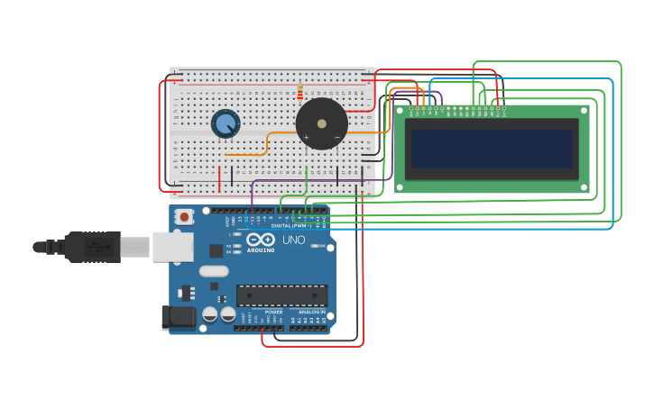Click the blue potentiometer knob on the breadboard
coord(225,123)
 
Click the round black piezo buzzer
coord(322,123)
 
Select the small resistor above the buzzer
coord(299,92)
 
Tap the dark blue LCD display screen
coord(492,149)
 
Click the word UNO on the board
coord(294,240)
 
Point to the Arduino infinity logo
coord(261,240)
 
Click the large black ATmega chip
coord(281,295)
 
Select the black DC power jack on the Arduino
coord(178,316)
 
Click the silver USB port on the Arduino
coord(172,247)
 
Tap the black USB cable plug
coord(90,247)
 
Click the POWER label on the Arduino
coord(273,312)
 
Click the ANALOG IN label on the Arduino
coord(312,312)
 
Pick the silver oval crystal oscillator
coord(214,271)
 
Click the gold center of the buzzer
coord(322,123)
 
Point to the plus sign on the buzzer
coord(307,138)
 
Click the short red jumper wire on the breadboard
coord(219,178)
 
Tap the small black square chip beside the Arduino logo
coord(216,251)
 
